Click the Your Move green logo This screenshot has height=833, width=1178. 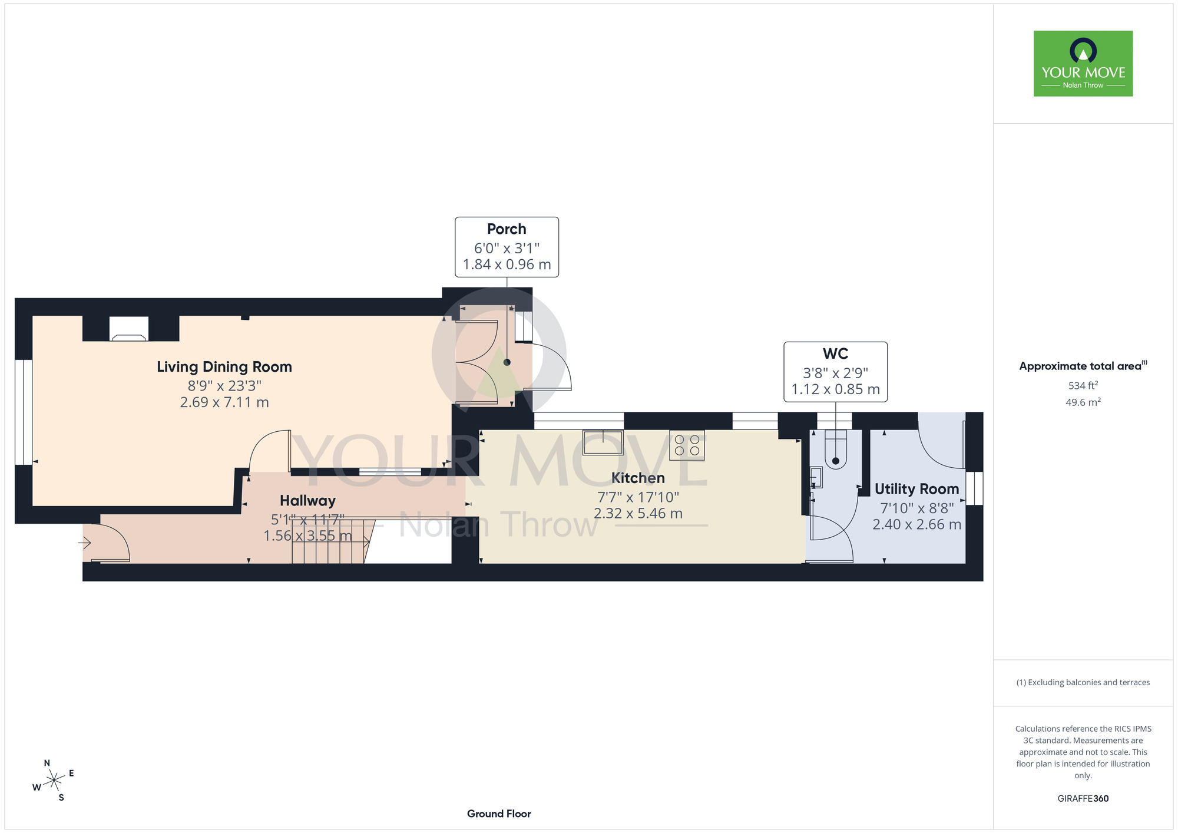(1083, 64)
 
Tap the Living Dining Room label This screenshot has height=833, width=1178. (224, 367)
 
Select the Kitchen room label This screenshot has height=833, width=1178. (638, 478)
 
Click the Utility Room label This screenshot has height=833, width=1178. (916, 489)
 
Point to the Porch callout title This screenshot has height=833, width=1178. (507, 229)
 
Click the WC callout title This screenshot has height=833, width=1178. (835, 353)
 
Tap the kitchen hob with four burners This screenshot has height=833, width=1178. (687, 445)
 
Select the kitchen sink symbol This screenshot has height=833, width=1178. (603, 442)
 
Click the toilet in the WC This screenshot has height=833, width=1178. (835, 449)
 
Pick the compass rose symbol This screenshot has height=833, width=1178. (54, 781)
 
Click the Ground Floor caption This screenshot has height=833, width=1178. (499, 814)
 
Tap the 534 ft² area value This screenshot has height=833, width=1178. (1083, 385)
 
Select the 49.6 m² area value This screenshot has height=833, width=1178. (1083, 402)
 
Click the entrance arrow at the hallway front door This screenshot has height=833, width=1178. (85, 542)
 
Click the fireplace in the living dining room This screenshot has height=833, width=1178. (129, 329)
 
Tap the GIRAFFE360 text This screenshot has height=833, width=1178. (1083, 799)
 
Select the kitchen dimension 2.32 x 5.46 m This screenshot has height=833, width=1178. (638, 514)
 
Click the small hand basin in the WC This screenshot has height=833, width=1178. (816, 477)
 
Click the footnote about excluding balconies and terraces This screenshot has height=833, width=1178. (1083, 682)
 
